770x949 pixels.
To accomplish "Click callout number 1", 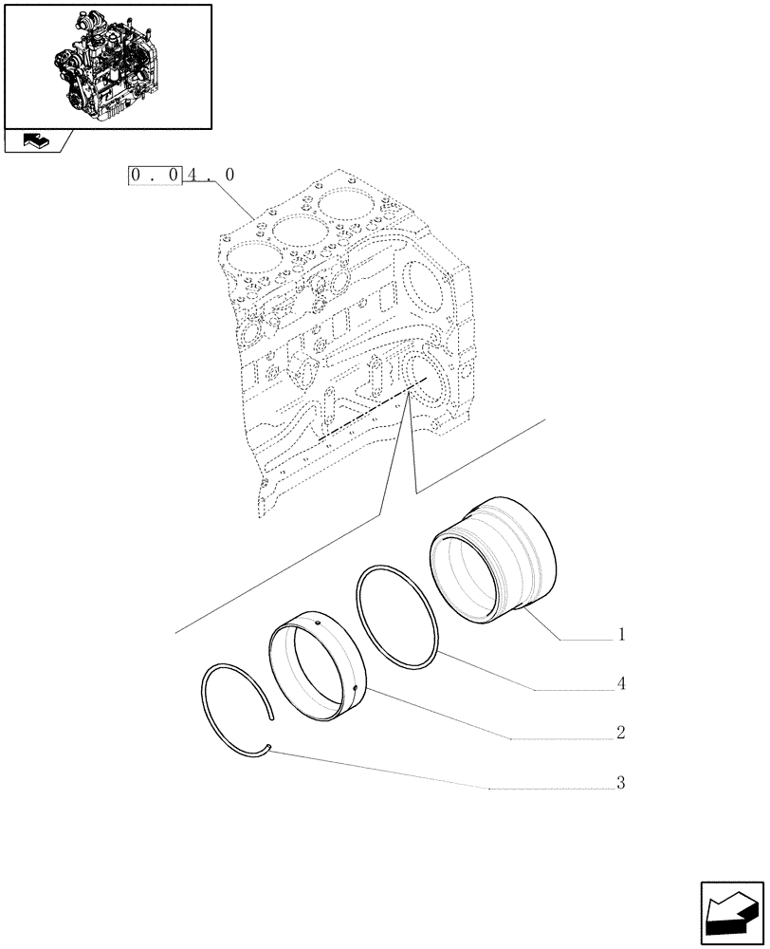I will tap(620, 634).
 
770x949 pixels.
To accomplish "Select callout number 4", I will tap(620, 683).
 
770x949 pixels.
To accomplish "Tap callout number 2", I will tap(620, 734).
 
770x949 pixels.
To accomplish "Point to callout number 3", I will tap(620, 784).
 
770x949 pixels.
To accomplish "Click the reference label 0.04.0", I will tap(181, 176).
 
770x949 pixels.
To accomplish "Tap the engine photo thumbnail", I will tap(107, 65).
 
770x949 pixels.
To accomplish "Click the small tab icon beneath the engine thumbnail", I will tap(36, 141).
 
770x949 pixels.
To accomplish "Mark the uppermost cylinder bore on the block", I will tap(347, 206).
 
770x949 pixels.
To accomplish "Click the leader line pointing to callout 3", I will tap(379, 768).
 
